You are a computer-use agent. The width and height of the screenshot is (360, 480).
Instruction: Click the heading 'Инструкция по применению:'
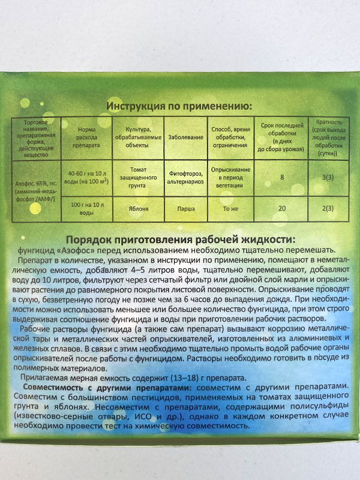[x=179, y=106]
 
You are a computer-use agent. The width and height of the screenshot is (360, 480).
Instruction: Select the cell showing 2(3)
[x=328, y=209]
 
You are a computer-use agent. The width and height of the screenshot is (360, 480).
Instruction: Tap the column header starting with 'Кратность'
[x=328, y=137]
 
